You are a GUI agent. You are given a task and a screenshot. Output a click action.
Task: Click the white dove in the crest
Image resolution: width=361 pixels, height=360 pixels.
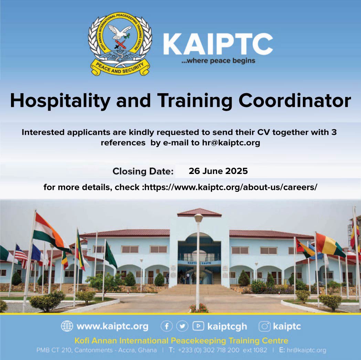pyautogui.click(x=120, y=32)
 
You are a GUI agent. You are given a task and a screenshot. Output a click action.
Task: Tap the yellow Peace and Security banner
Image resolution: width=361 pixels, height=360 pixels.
pyautogui.click(x=120, y=68)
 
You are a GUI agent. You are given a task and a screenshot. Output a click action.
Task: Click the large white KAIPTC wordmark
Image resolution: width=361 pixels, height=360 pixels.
pyautogui.click(x=218, y=44)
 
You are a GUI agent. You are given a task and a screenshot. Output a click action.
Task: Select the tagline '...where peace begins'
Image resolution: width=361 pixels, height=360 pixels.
pyautogui.click(x=218, y=61)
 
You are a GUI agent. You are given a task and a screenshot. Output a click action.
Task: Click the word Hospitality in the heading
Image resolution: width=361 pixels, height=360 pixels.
pyautogui.click(x=60, y=101)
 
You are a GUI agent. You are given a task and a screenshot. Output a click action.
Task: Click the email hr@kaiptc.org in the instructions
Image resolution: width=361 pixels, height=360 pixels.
pyautogui.click(x=231, y=143)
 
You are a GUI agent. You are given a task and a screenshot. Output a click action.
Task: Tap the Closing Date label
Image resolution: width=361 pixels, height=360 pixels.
pyautogui.click(x=143, y=171)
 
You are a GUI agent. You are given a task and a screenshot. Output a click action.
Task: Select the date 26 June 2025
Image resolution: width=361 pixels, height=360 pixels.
pyautogui.click(x=218, y=171)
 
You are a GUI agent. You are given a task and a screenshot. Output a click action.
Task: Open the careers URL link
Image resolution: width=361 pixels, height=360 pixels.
pyautogui.click(x=231, y=187)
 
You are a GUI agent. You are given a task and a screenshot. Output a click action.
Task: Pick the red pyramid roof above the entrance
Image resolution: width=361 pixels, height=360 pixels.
pyautogui.click(x=199, y=212)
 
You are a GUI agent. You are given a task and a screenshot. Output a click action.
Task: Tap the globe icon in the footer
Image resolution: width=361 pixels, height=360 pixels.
pyautogui.click(x=67, y=326)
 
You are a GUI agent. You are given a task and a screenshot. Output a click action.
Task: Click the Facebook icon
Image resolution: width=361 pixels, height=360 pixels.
pyautogui.click(x=167, y=326)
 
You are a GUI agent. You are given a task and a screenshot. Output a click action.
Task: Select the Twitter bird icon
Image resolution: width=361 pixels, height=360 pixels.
pyautogui.click(x=182, y=326)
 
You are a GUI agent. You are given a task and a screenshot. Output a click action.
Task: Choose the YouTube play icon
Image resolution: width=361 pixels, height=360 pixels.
pyautogui.click(x=198, y=326)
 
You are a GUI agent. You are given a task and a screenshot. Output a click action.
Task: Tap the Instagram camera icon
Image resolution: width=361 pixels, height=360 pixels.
pyautogui.click(x=265, y=326)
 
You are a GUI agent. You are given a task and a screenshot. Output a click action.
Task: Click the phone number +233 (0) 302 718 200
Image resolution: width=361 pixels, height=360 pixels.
pyautogui.click(x=209, y=350)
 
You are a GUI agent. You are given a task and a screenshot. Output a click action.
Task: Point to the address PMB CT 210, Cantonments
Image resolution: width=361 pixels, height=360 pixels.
pyautogui.click(x=74, y=350)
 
